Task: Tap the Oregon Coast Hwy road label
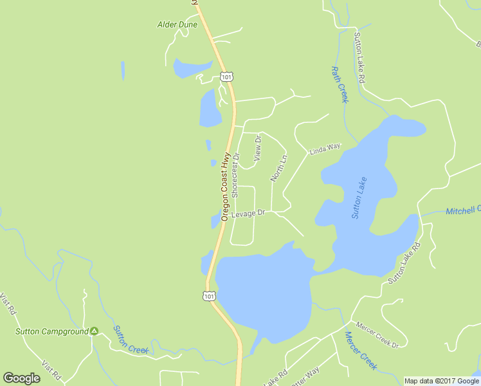coord(225,187)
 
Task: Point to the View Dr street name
coord(258,149)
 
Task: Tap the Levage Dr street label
coord(249,213)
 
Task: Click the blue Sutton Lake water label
coord(359,198)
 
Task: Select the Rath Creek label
coord(339,84)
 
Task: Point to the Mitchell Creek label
coord(463,210)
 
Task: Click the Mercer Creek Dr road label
coord(377,335)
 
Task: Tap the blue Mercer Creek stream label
coord(360,351)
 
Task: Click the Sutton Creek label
coord(131,340)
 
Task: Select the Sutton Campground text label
coord(51,332)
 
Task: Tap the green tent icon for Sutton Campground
coord(95,331)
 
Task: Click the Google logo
coord(21,378)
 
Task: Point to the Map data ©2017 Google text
coord(441,381)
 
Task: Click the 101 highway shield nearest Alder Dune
coord(226,77)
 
